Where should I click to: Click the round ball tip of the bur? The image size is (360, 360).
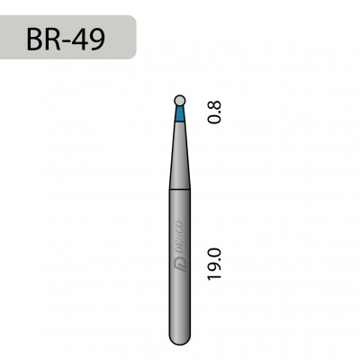pos(180,101)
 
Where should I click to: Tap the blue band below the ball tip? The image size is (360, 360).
pos(180,113)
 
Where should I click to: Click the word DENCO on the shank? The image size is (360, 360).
pos(181,237)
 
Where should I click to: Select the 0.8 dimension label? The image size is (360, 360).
pos(213,111)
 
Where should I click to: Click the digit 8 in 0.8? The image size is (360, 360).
pos(213,103)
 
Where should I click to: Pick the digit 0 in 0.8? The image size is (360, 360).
pos(213,119)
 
